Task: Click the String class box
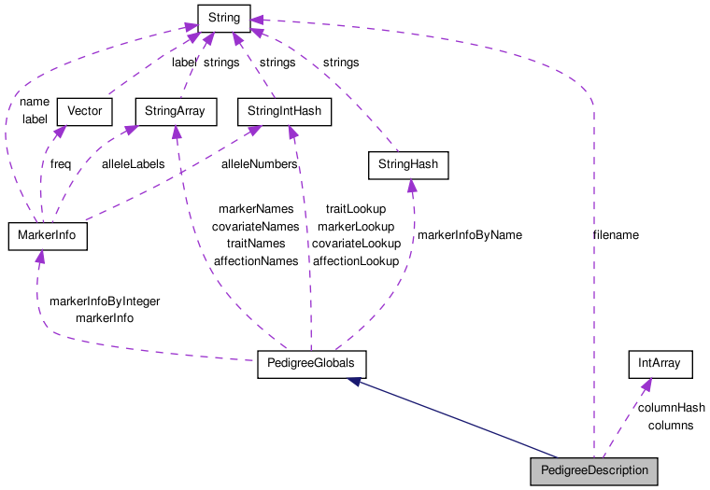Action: coord(222,17)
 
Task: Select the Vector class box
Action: coord(85,112)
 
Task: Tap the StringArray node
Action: coord(176,112)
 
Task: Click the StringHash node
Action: coord(407,166)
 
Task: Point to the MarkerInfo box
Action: coord(47,236)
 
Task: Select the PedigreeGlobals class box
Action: coord(311,365)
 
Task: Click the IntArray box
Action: coord(660,365)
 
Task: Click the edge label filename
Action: coord(616,235)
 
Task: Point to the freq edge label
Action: coord(61,163)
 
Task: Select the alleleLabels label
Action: coord(133,163)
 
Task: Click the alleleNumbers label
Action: coord(259,163)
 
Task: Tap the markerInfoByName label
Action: coord(469,235)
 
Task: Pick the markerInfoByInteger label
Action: coord(104,301)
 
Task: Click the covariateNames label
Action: coord(255,227)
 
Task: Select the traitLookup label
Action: coord(355,210)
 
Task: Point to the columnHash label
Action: coord(671,408)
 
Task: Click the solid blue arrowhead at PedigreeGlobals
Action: coord(352,382)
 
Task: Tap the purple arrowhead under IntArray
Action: coord(646,385)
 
